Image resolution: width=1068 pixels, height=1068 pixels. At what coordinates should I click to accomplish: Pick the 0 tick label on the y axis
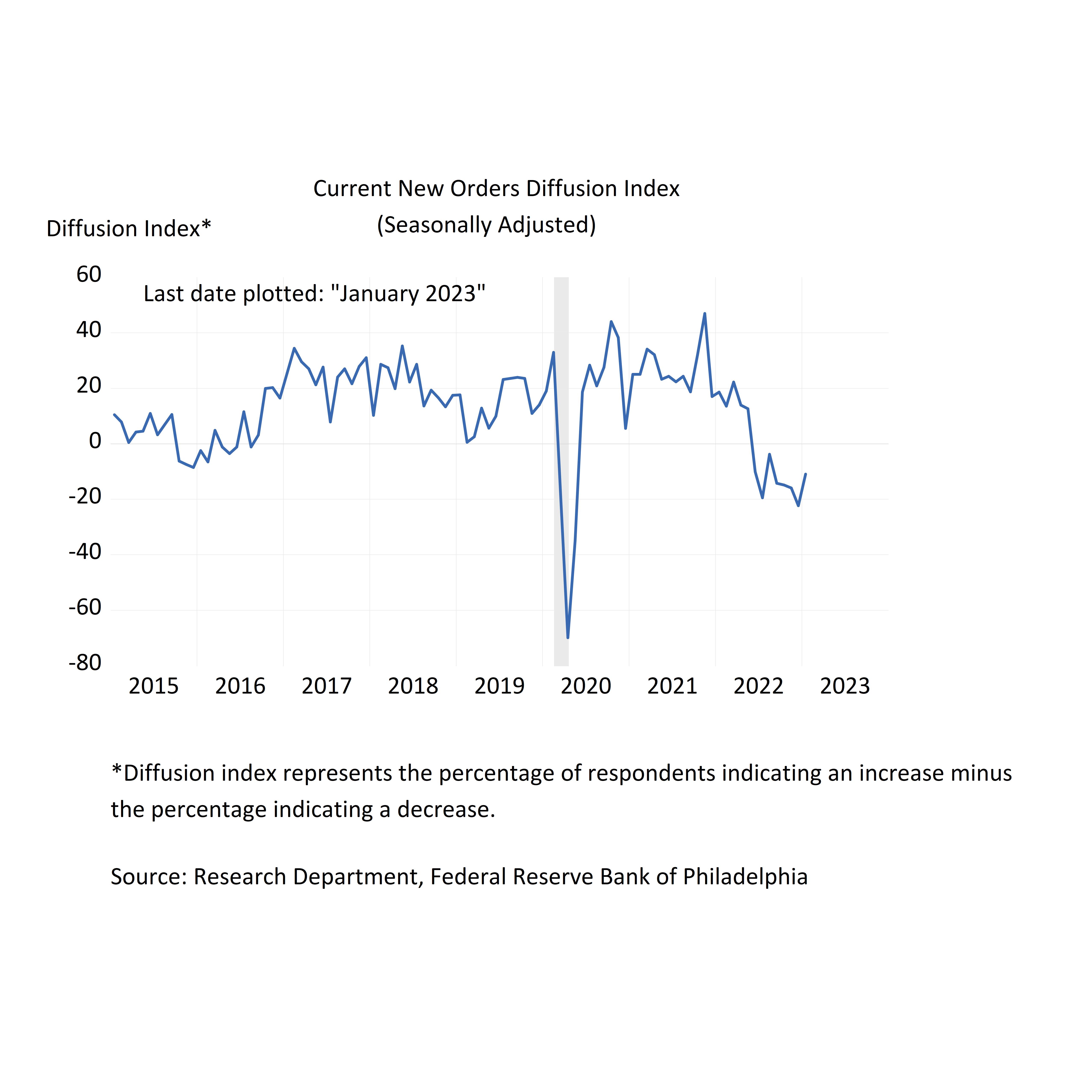point(95,441)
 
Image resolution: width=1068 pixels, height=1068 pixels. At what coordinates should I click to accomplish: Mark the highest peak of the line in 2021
point(704,314)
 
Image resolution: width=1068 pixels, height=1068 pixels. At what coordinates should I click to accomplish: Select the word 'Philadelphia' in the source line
point(745,877)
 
